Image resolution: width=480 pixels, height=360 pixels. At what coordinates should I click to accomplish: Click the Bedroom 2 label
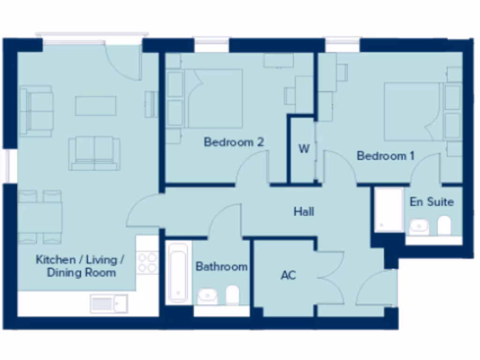tap(234, 142)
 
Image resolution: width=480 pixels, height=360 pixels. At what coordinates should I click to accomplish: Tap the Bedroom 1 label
tap(385, 156)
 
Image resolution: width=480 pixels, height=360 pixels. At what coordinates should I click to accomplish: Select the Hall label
tap(304, 212)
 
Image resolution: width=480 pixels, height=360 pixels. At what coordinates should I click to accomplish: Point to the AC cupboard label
tap(288, 275)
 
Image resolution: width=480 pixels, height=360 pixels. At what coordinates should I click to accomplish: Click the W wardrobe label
tap(304, 149)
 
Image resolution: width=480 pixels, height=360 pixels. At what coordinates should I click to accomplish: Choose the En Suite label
tap(432, 202)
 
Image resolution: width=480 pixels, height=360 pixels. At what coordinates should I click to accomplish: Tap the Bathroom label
tap(221, 267)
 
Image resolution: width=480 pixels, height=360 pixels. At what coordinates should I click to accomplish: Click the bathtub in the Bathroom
tap(178, 272)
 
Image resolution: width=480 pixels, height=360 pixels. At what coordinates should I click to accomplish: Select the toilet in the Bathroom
tap(232, 295)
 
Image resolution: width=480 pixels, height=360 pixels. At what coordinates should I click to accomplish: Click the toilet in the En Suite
tap(444, 225)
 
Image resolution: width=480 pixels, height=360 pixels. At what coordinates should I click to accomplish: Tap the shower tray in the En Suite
tap(389, 210)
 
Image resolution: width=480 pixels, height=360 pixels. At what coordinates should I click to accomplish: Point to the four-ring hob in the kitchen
tap(147, 263)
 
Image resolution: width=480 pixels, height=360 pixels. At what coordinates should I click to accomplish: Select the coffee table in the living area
tap(96, 105)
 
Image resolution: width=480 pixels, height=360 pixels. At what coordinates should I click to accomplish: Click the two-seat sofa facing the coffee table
tap(94, 153)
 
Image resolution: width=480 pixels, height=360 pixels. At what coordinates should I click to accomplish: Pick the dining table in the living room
tap(40, 217)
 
